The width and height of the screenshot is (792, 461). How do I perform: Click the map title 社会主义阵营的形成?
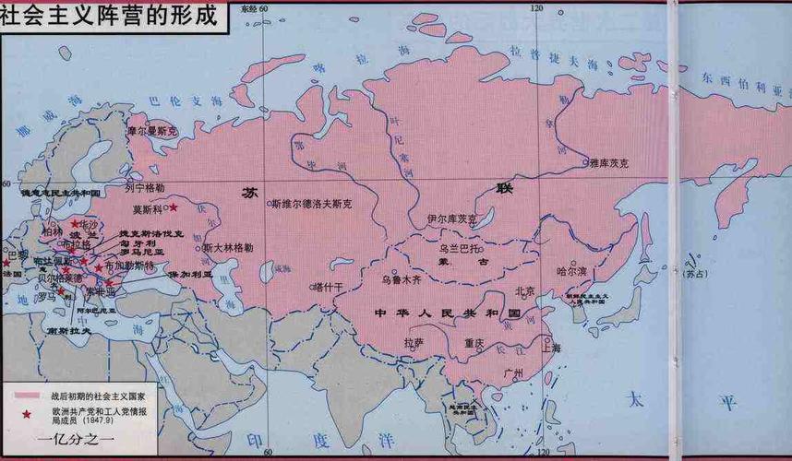click(x=113, y=17)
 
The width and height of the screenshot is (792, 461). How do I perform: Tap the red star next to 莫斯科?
click(x=173, y=207)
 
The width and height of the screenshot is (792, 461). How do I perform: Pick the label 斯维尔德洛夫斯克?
click(x=312, y=205)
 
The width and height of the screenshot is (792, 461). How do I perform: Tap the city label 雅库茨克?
click(x=610, y=162)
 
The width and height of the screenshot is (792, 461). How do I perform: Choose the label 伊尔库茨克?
click(x=452, y=219)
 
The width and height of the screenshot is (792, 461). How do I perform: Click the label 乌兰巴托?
click(x=459, y=249)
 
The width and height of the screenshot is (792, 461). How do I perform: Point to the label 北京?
click(x=524, y=290)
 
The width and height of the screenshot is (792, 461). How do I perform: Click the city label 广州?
click(x=514, y=372)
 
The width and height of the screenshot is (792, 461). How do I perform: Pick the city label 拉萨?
click(x=414, y=341)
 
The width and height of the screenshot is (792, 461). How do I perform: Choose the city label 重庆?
click(x=474, y=342)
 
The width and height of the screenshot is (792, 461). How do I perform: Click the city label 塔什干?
click(x=329, y=287)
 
